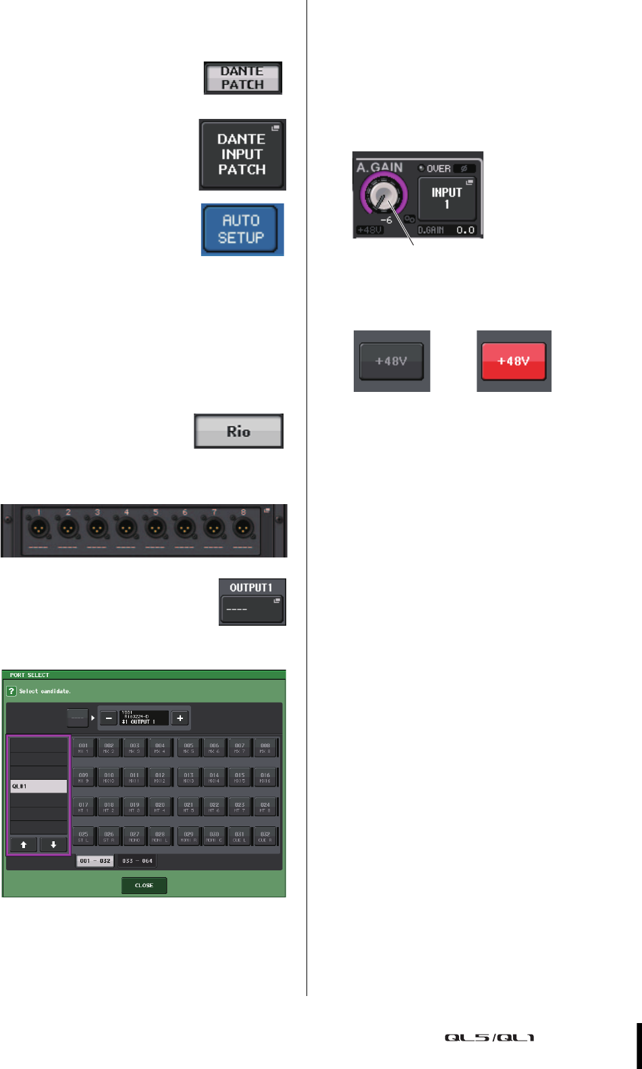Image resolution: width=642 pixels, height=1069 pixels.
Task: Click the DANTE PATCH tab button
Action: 243,78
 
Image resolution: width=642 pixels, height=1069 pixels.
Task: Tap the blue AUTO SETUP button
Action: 242,229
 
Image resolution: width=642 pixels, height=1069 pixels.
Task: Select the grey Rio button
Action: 238,431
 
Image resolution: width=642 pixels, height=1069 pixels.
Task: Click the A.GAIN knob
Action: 383,199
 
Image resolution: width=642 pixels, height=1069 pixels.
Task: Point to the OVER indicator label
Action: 437,168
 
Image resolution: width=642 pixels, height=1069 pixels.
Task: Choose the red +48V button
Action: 513,361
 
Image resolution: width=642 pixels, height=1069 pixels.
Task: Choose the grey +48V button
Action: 392,361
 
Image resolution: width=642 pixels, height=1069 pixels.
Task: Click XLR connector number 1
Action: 40,528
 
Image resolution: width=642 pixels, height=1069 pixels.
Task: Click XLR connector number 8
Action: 243,528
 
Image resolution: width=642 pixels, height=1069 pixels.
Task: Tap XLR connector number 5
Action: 156,528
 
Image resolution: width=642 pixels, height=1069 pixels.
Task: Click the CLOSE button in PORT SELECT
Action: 144,885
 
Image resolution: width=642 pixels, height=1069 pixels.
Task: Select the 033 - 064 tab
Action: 137,861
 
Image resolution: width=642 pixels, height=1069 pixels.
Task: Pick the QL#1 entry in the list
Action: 38,787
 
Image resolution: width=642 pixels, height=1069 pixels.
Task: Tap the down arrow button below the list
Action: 53,845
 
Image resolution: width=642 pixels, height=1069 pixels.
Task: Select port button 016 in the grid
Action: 265,778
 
